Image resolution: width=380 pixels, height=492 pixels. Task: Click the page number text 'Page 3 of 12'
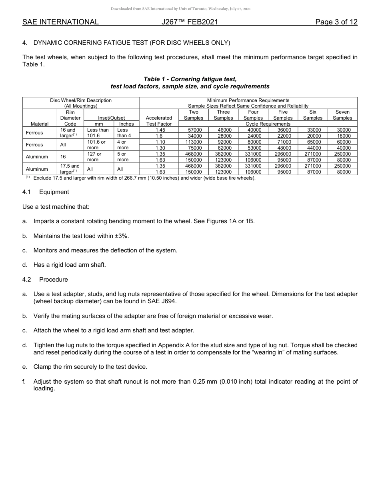click(336, 22)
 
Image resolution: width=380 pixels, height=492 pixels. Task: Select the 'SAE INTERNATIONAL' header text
click(60, 22)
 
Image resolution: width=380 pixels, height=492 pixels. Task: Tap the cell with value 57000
click(194, 130)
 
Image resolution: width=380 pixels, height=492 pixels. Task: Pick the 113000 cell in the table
click(194, 142)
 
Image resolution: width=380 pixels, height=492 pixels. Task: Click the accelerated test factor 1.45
click(159, 130)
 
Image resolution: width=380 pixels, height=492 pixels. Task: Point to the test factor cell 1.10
click(159, 142)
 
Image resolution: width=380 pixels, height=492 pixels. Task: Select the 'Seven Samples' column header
click(342, 115)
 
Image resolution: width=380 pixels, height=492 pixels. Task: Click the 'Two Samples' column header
click(194, 115)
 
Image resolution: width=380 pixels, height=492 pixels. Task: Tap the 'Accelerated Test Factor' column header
click(159, 121)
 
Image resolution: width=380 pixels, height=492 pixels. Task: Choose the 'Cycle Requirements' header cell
click(268, 124)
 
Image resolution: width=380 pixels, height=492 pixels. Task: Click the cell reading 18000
click(342, 136)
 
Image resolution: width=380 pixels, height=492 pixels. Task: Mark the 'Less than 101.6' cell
click(98, 133)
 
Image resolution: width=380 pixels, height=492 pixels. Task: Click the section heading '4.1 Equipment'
click(46, 192)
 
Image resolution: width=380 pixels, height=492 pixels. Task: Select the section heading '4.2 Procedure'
click(45, 280)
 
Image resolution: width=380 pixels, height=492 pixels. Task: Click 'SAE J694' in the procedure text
click(162, 301)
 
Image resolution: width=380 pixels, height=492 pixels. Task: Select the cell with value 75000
click(194, 148)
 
